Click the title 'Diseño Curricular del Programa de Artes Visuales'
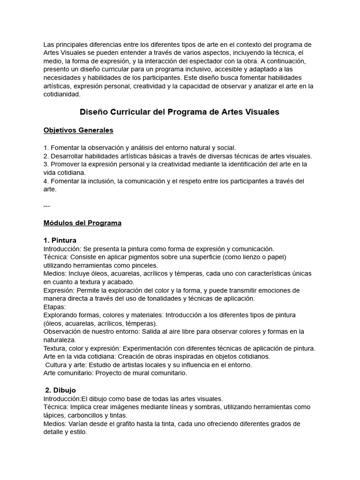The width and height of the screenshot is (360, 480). point(180,112)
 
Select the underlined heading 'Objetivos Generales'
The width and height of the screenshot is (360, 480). point(78,130)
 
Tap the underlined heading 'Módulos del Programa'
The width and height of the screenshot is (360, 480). point(82,223)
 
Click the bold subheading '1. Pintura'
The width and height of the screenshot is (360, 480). point(60,240)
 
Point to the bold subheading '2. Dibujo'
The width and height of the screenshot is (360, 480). point(60,390)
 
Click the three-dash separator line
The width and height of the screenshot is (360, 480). point(47,206)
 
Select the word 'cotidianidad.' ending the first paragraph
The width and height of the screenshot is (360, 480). point(62,94)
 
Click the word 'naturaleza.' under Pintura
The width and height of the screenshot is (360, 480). point(60,340)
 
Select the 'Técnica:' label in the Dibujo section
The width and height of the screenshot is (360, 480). point(56,407)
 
